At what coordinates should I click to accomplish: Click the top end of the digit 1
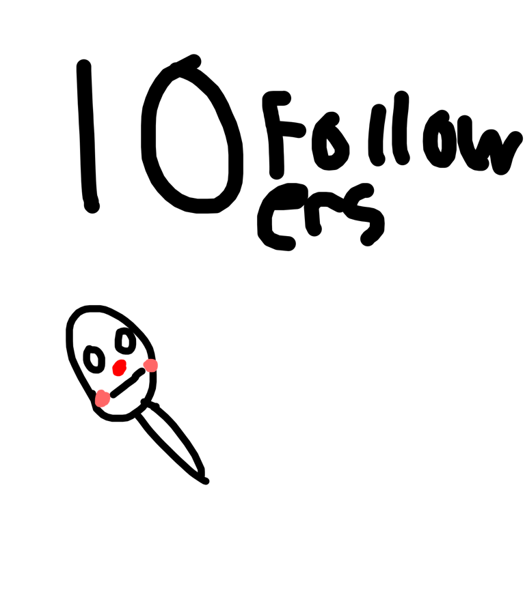point(84,66)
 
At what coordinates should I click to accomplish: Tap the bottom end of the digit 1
point(92,206)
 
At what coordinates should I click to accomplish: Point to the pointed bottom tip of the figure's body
point(205,481)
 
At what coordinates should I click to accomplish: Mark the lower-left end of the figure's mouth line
point(113,394)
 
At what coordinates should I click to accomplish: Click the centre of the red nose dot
point(120,368)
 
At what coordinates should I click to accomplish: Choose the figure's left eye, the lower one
point(94,359)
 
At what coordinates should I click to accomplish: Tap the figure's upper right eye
point(125,341)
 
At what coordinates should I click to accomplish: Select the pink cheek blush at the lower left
point(102,399)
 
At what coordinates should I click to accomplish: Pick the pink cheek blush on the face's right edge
point(150,365)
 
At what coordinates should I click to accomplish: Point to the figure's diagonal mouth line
point(128,383)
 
